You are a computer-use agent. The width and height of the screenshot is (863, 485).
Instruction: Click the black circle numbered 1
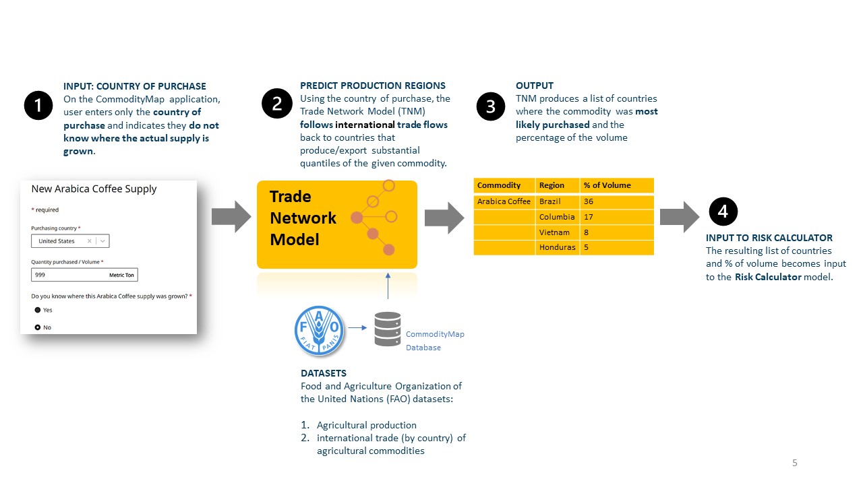click(x=38, y=105)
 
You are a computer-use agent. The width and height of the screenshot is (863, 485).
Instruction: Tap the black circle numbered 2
click(x=276, y=104)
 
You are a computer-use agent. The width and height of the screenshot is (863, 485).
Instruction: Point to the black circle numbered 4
click(x=723, y=212)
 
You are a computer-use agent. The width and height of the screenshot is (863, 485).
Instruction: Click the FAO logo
click(x=320, y=329)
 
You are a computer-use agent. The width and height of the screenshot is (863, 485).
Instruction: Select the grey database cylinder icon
click(x=388, y=329)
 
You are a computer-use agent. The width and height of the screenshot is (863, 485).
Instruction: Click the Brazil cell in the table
click(x=557, y=201)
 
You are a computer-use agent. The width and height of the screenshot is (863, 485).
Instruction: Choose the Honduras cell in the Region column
click(x=557, y=247)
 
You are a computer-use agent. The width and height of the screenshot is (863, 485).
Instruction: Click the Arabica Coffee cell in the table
click(x=504, y=201)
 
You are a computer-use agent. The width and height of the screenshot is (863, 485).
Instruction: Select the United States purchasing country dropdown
click(x=70, y=241)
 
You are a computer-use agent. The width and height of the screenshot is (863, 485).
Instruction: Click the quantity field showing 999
click(x=84, y=275)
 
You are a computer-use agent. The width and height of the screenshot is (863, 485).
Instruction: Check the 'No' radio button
click(x=38, y=327)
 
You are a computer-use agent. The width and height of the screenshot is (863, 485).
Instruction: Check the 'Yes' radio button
click(x=38, y=310)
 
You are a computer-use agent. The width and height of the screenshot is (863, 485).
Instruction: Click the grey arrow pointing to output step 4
click(x=680, y=216)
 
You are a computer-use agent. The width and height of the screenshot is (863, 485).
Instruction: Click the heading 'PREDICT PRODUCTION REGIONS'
click(x=372, y=86)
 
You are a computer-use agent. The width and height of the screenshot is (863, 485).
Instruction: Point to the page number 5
click(x=794, y=463)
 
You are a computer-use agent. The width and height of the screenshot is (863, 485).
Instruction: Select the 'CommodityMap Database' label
click(x=434, y=341)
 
